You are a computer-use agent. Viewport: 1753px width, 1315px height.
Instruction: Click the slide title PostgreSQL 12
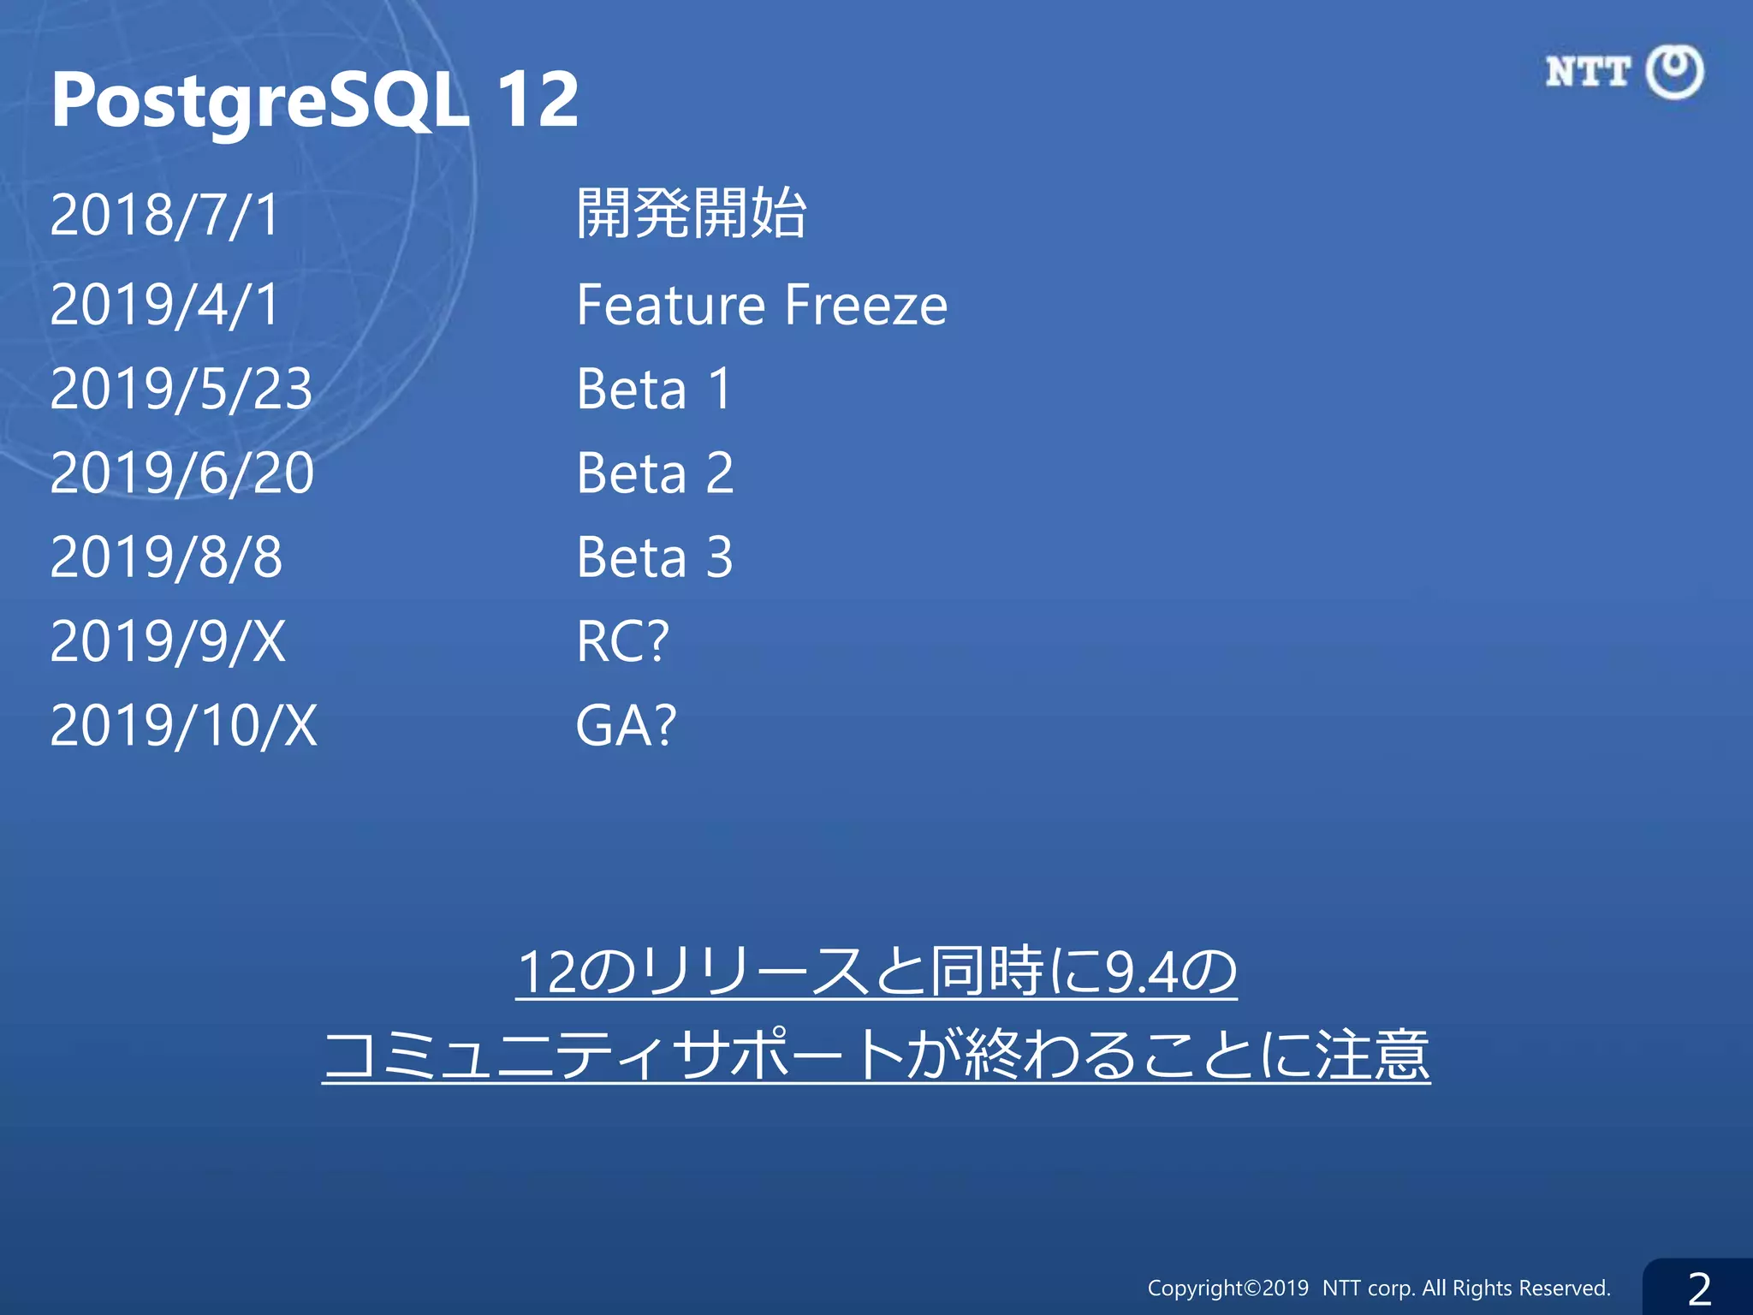pos(315,101)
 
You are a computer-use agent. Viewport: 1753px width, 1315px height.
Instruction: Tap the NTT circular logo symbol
pos(1674,72)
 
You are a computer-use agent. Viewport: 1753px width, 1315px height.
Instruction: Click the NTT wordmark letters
pos(1588,72)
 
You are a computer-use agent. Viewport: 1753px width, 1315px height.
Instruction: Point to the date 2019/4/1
pos(165,305)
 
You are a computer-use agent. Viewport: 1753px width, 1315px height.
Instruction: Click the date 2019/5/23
pos(181,389)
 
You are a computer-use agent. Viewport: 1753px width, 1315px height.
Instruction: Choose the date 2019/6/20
pos(182,473)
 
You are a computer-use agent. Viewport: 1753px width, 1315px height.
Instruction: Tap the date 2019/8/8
pos(166,557)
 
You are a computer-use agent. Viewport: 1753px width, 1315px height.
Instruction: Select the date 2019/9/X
pos(168,641)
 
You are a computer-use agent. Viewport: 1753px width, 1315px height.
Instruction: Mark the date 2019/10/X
pos(183,726)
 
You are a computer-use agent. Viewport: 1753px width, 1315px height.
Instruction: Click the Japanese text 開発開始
pos(692,213)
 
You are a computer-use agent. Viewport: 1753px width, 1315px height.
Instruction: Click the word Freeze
pos(866,305)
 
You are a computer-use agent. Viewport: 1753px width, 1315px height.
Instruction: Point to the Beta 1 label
pos(655,389)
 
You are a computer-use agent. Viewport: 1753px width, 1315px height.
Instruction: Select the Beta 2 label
pos(655,473)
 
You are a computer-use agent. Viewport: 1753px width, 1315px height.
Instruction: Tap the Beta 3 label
pos(655,557)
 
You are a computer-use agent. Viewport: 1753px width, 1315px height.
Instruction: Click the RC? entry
pos(622,641)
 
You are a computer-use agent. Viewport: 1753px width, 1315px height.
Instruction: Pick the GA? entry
pos(626,726)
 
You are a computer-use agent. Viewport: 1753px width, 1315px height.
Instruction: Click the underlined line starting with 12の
pos(876,973)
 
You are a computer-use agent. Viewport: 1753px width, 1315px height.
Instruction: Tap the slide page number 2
pos(1699,1288)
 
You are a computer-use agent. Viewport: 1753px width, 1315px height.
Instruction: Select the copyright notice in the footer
pos(1379,1288)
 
